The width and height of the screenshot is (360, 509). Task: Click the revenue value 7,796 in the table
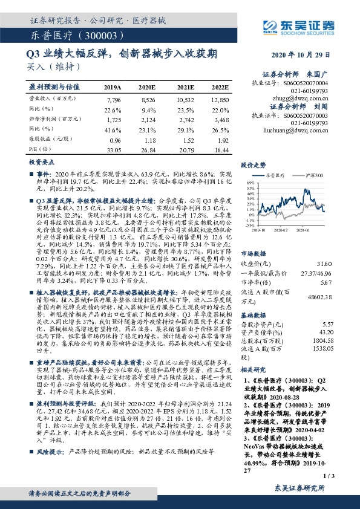[x=113, y=98]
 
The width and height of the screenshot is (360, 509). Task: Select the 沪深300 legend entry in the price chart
[x=315, y=175]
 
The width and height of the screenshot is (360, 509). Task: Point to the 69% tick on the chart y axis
[x=250, y=181]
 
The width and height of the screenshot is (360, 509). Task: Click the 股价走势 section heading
[x=254, y=164]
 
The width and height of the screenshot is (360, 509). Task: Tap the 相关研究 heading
[x=254, y=369]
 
